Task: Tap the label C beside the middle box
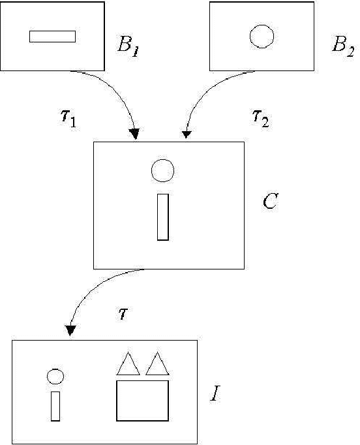270,202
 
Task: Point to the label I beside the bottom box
214,394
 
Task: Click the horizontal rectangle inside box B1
52,37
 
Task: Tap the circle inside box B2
262,36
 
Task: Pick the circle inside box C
162,171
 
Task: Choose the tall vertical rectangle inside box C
163,217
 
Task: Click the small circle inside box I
55,376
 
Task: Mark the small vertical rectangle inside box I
55,406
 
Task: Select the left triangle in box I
128,365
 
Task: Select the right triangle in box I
157,365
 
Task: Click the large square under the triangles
143,401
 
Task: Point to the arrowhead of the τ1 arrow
134,134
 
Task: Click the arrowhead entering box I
70,331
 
